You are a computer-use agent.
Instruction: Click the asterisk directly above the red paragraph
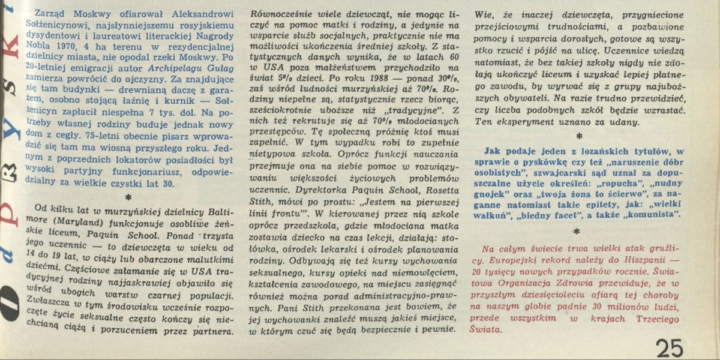(578, 232)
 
